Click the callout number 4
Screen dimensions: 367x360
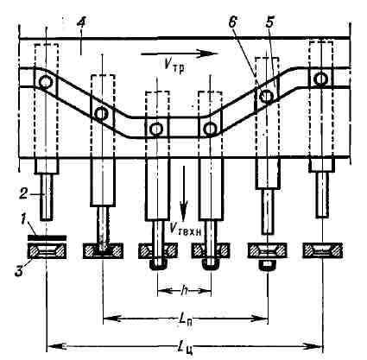[82, 24]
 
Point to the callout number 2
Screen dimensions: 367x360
[23, 194]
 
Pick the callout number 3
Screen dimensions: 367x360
[19, 271]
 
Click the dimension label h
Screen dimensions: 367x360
[184, 292]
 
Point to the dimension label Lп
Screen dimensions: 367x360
[187, 319]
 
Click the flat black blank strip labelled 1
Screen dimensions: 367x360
[47, 237]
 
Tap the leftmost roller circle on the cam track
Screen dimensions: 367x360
[45, 83]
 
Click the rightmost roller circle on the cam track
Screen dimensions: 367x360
[320, 79]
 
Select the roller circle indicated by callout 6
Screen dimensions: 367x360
[267, 97]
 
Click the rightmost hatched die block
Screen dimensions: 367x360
[323, 250]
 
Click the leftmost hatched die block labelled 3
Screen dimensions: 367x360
[47, 251]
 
